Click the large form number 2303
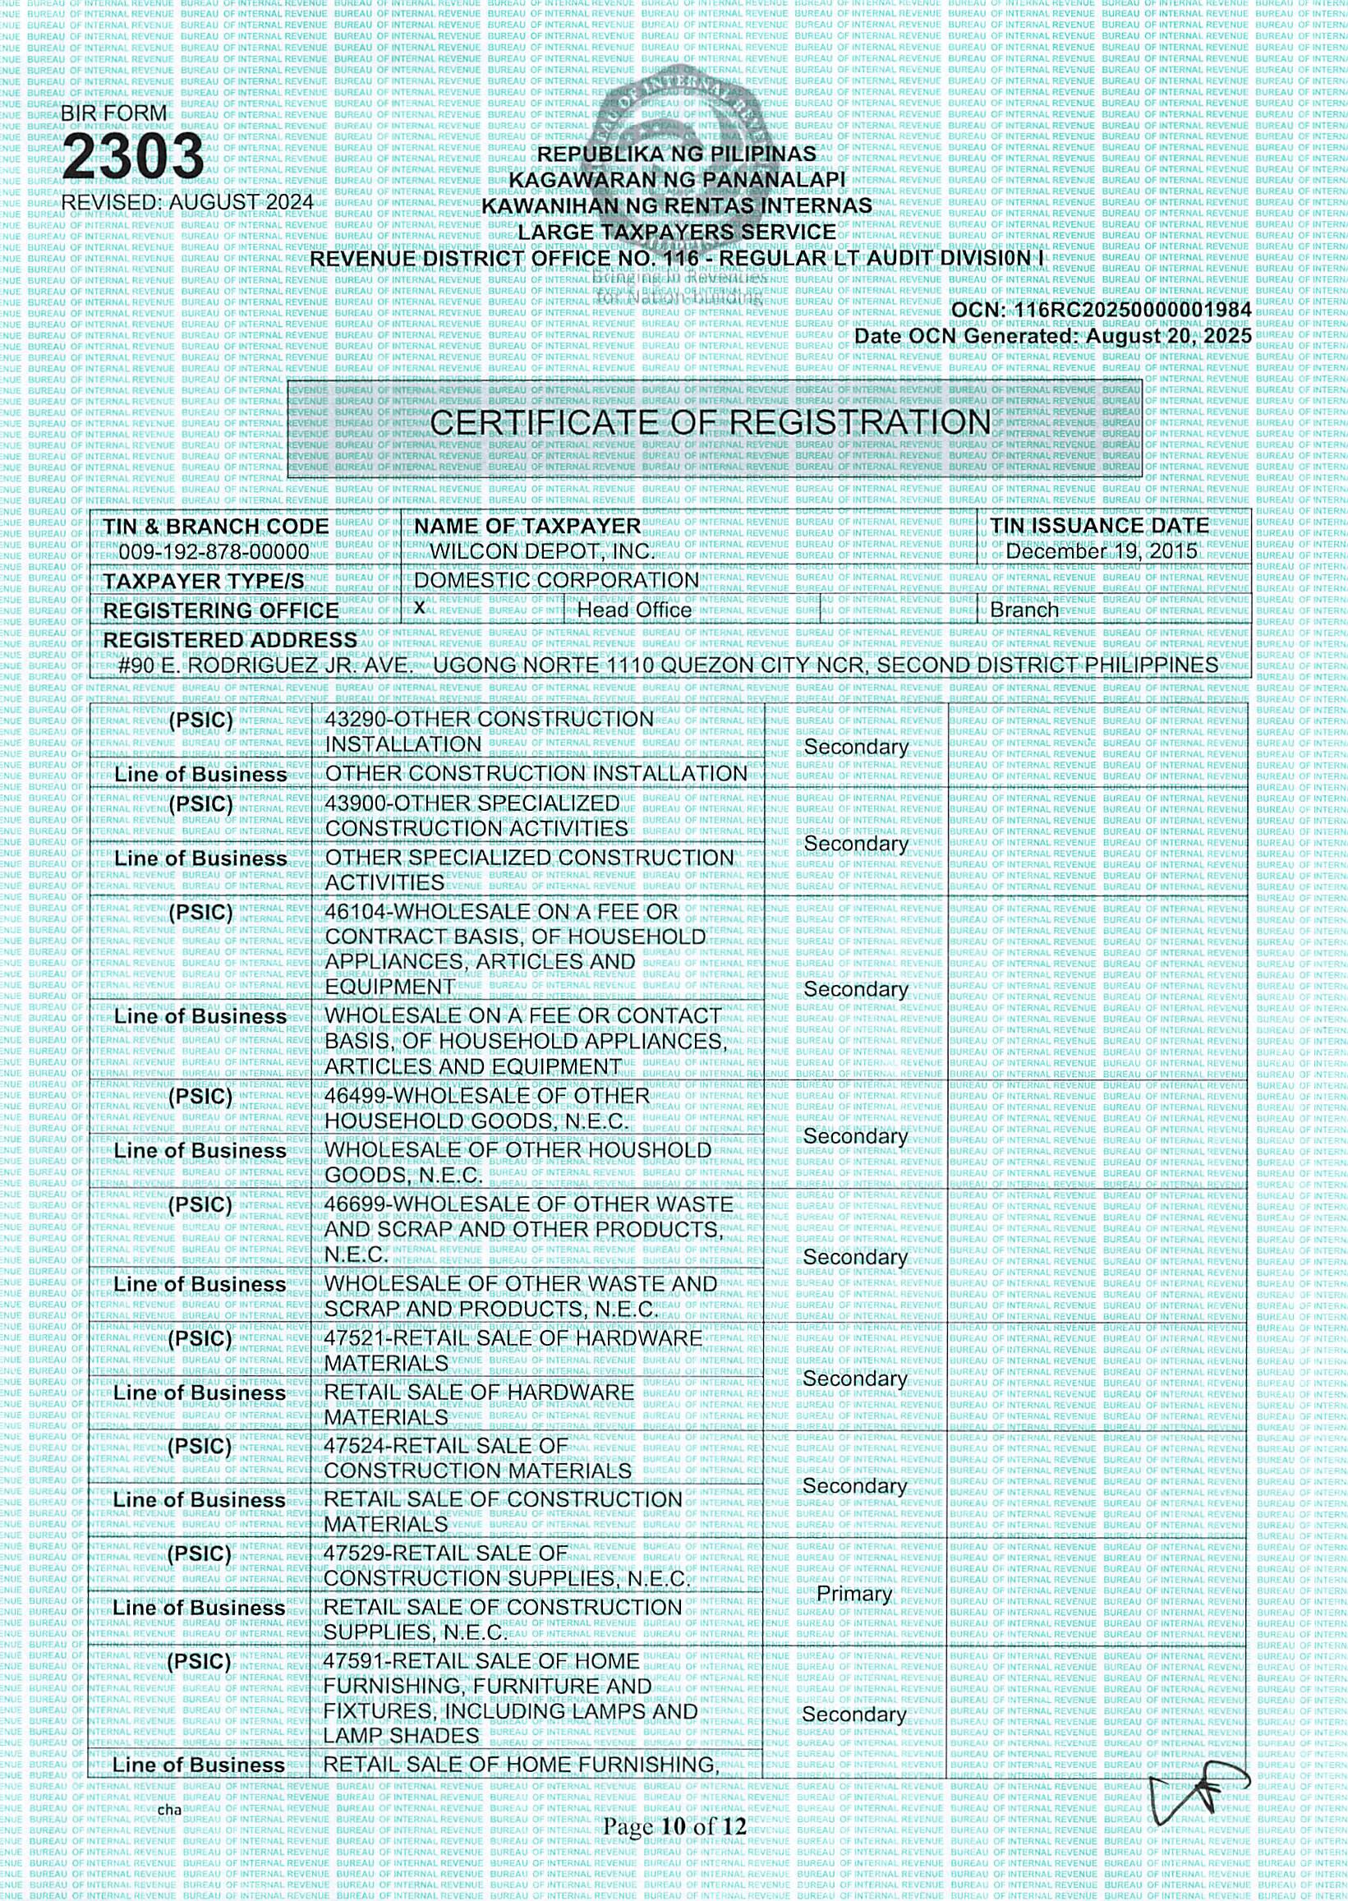(133, 158)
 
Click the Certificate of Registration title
(711, 423)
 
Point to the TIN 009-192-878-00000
(214, 552)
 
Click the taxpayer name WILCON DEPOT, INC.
(543, 552)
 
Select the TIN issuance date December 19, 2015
(1102, 551)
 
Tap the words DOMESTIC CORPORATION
(556, 580)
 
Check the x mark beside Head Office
(420, 608)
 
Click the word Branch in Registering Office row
(1024, 610)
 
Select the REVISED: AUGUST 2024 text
(187, 202)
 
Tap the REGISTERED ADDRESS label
(230, 640)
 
